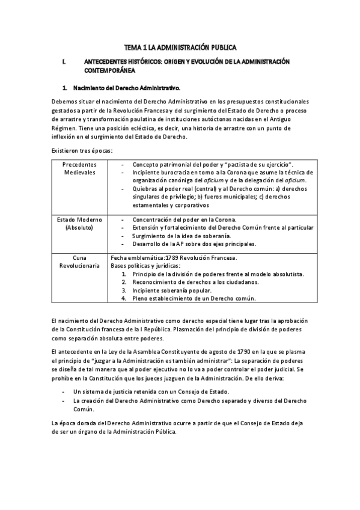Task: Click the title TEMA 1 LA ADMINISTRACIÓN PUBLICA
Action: (x=180, y=46)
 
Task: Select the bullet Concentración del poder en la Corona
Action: (x=185, y=219)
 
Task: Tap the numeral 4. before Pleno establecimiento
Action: (x=123, y=298)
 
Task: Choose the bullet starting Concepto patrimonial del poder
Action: (x=212, y=164)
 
